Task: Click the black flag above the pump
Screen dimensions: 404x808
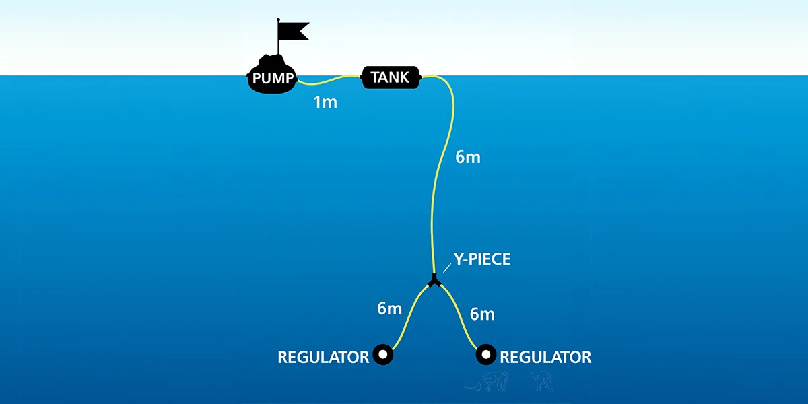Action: point(294,30)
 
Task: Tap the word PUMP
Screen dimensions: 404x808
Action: point(273,79)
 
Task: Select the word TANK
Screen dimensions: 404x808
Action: point(390,77)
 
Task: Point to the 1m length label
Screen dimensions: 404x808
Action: point(325,103)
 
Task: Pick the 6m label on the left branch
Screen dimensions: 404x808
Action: point(389,309)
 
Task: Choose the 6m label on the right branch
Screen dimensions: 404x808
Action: point(482,314)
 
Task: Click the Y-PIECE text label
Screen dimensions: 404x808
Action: point(482,259)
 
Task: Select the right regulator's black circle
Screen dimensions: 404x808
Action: point(485,354)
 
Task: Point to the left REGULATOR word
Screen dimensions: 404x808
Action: point(323,356)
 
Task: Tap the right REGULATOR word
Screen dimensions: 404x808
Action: point(545,356)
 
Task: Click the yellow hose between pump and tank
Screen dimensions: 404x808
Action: point(330,82)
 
